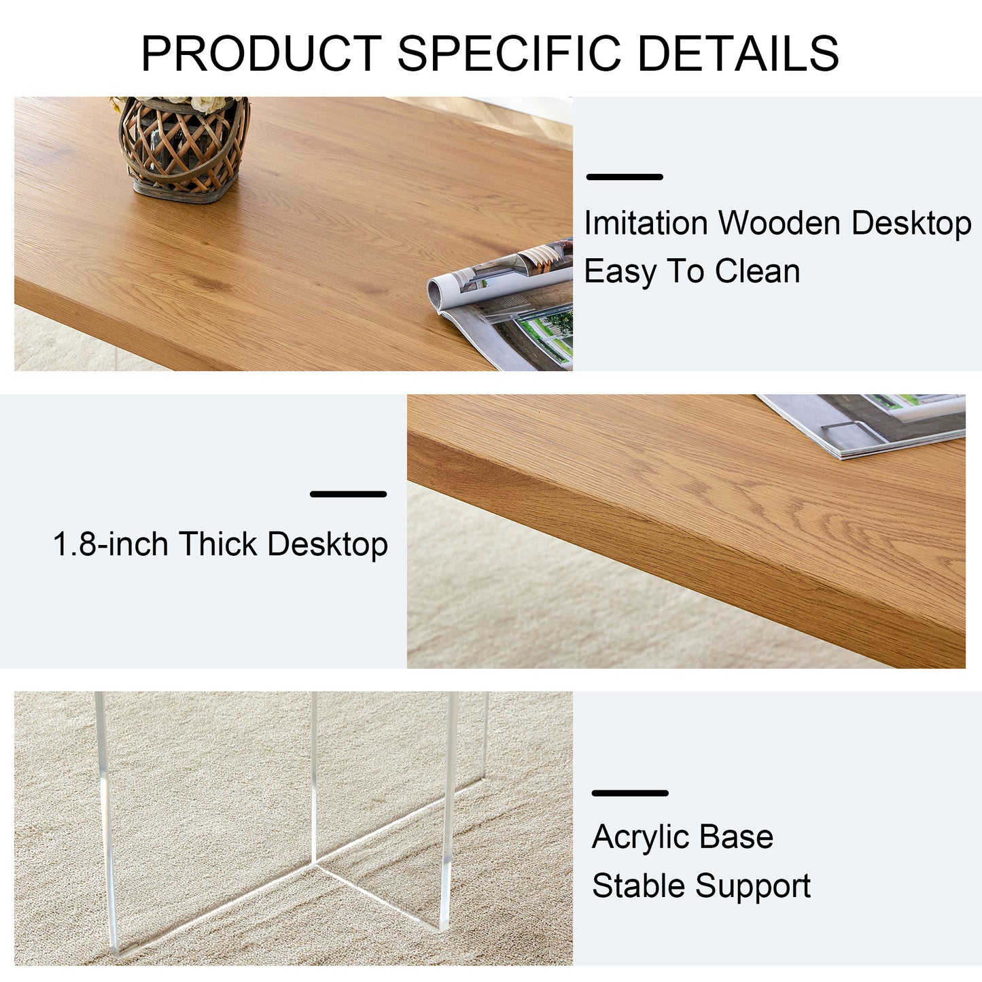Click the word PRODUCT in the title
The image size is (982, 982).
tap(261, 54)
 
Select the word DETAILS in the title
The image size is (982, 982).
tap(738, 54)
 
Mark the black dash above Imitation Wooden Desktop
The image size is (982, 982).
tap(625, 177)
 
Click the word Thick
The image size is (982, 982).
tap(218, 544)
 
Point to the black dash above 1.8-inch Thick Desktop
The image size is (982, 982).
tap(348, 494)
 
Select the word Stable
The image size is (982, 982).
tap(638, 885)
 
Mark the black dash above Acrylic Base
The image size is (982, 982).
tap(630, 793)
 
